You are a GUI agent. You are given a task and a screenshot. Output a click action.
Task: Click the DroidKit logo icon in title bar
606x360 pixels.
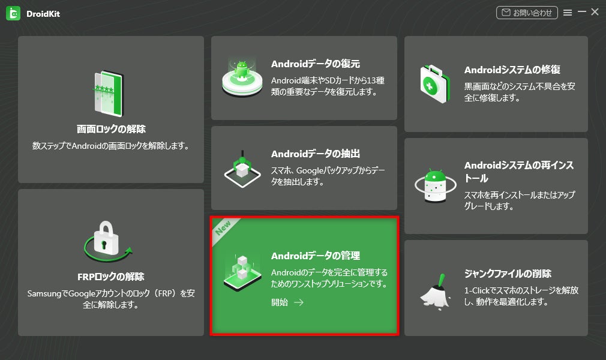coord(13,13)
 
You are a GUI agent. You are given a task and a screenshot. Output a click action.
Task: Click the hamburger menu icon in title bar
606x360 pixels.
coord(568,13)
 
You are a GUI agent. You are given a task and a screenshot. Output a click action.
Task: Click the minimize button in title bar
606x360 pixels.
coord(581,12)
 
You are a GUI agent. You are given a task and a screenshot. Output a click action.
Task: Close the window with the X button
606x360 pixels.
coord(595,12)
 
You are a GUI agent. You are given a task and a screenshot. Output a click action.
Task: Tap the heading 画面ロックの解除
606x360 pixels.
coord(111,129)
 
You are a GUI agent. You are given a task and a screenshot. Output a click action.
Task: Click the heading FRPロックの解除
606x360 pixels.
coord(111,277)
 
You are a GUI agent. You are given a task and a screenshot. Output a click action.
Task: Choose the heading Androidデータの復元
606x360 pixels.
coord(316,64)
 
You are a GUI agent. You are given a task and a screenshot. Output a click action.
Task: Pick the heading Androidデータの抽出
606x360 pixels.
coord(316,154)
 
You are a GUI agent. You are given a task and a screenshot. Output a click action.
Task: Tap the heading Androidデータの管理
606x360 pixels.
coord(316,256)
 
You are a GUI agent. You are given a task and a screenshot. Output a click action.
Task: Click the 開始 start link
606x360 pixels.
coord(287,302)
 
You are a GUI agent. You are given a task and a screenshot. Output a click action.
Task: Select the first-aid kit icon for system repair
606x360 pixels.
coord(435,83)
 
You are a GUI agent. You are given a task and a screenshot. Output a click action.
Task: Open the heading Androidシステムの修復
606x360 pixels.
coord(512,70)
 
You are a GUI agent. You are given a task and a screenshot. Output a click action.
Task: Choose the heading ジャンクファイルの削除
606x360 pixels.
coord(508,274)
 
